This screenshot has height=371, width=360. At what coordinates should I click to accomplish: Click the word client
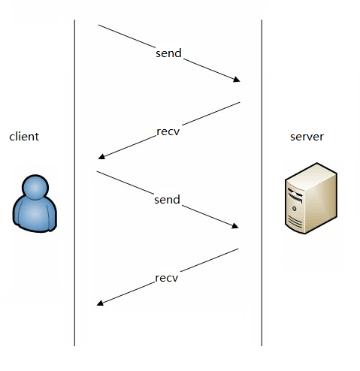click(x=24, y=137)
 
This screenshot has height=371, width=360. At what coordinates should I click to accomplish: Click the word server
click(x=307, y=137)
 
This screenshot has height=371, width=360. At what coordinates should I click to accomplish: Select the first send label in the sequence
click(x=168, y=53)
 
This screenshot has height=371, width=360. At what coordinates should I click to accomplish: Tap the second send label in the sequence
click(x=167, y=200)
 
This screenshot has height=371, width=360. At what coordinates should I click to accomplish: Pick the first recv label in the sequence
click(x=168, y=131)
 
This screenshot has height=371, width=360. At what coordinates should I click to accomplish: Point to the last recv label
click(x=167, y=278)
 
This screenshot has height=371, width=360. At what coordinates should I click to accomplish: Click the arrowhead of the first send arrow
click(x=237, y=80)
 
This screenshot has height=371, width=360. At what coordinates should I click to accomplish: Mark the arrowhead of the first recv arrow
click(x=101, y=156)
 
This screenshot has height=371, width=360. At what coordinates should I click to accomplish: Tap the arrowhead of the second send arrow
click(x=235, y=226)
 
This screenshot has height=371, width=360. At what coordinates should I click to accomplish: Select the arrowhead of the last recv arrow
click(x=100, y=303)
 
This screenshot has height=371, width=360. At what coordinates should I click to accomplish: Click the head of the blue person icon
click(x=35, y=187)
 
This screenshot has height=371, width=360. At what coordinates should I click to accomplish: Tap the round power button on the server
click(x=295, y=208)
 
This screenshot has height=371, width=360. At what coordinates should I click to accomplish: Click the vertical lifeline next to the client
click(x=74, y=182)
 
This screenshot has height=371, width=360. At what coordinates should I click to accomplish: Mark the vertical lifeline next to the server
click(x=262, y=182)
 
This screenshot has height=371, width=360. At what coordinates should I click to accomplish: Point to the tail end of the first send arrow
click(x=98, y=25)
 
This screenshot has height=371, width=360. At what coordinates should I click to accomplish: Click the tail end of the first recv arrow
click(x=240, y=102)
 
